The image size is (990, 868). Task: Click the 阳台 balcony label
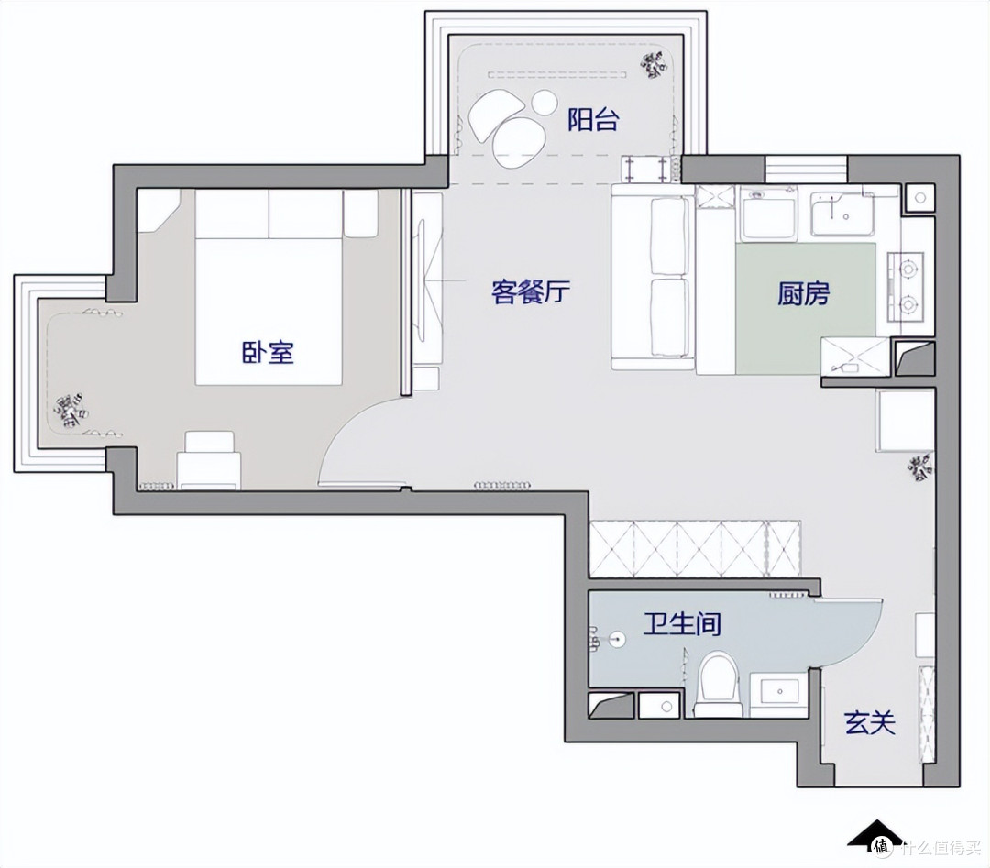click(592, 119)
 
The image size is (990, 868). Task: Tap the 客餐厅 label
click(531, 291)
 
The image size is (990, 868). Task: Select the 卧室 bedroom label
click(269, 352)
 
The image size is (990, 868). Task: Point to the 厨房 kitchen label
click(803, 293)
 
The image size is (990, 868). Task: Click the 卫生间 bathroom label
click(682, 623)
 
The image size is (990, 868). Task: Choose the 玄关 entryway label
click(870, 722)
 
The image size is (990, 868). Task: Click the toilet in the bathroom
click(718, 685)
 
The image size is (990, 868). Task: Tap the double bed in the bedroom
click(269, 287)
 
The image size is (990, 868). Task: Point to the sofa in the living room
click(653, 277)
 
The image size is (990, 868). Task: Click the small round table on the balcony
click(544, 103)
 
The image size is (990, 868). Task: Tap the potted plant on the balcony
click(654, 65)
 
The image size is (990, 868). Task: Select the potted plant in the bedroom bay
click(71, 412)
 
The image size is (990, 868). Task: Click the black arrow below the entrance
click(875, 832)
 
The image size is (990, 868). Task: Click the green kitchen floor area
click(805, 308)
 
